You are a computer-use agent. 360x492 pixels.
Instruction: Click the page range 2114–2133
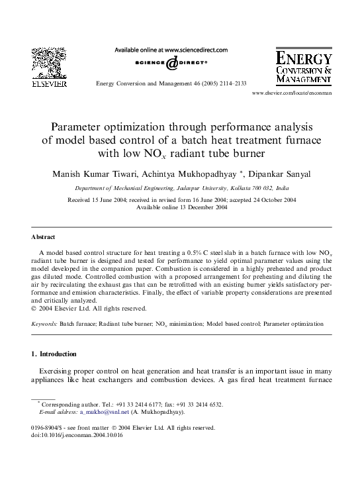pyautogui.click(x=228, y=84)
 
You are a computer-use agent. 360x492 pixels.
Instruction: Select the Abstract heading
pyautogui.click(x=43, y=236)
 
